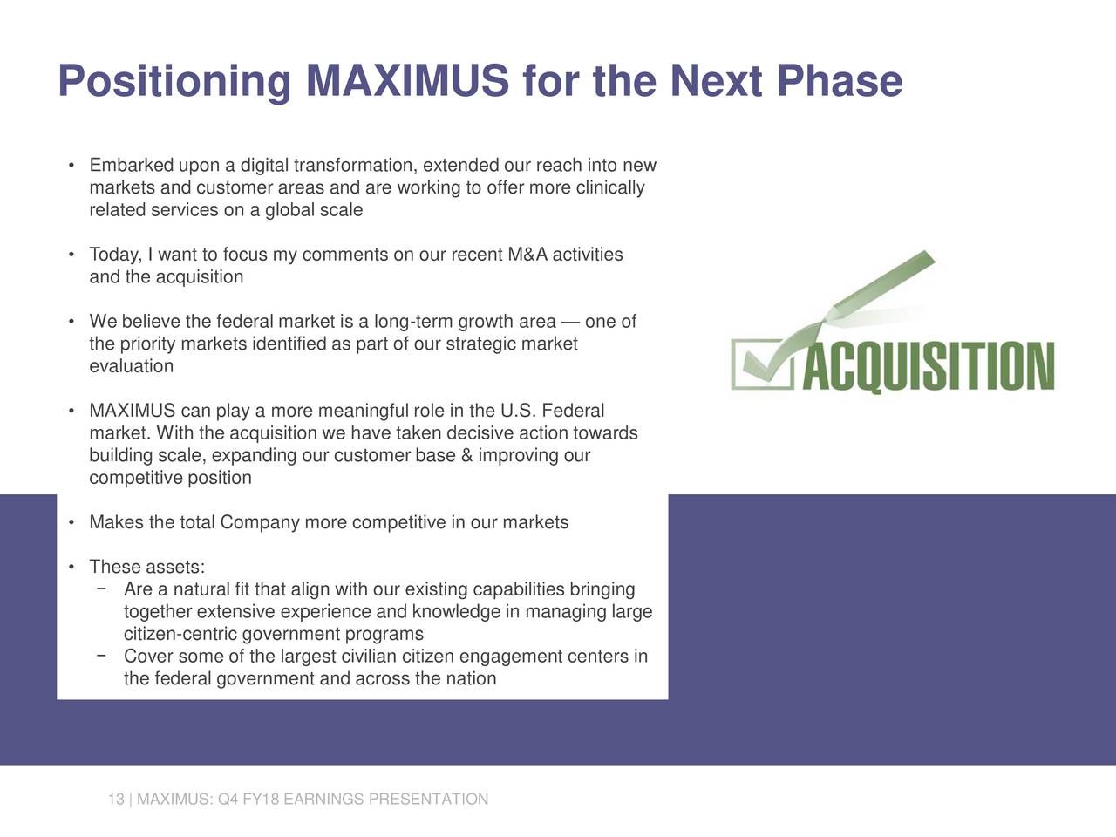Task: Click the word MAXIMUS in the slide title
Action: point(407,80)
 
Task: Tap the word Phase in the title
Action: point(840,80)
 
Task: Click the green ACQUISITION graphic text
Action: point(929,366)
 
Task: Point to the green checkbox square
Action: point(762,364)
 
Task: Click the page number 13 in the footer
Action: point(116,799)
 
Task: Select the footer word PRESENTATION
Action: point(428,799)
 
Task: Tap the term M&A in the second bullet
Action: point(527,254)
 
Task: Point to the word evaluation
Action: point(132,366)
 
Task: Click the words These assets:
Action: point(147,567)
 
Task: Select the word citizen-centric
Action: point(180,634)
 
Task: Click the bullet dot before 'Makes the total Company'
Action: point(71,523)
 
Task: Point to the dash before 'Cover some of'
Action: point(102,656)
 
